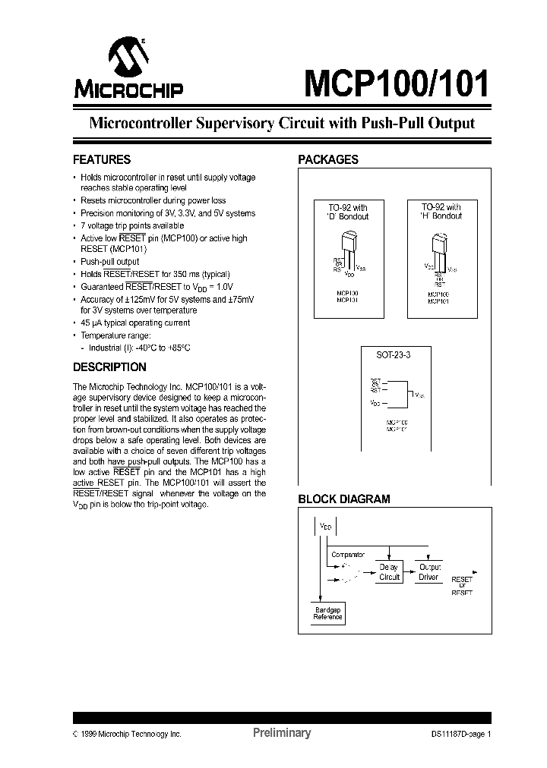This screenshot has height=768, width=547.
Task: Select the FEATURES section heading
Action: click(x=101, y=160)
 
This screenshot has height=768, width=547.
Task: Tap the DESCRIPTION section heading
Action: click(x=109, y=367)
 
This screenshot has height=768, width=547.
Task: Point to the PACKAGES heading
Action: click(x=327, y=160)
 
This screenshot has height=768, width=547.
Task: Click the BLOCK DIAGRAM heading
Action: click(x=343, y=499)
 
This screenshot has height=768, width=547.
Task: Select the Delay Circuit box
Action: click(x=389, y=572)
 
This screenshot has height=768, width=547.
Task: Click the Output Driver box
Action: click(x=430, y=572)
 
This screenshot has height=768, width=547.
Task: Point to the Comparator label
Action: click(x=347, y=555)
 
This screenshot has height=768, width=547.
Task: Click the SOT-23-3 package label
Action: click(x=394, y=355)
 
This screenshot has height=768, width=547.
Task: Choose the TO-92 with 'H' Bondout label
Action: click(x=441, y=212)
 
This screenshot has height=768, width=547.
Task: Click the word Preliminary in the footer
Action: click(x=281, y=733)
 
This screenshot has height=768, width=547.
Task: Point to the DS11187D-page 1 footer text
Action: click(x=456, y=734)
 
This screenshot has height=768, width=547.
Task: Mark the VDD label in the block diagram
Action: click(x=325, y=526)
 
